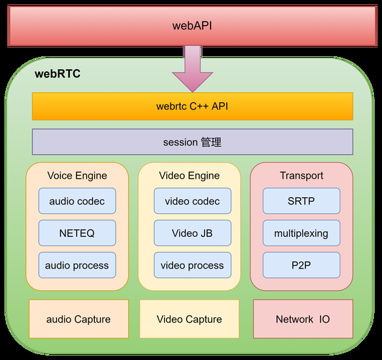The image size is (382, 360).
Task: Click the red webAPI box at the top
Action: (191, 25)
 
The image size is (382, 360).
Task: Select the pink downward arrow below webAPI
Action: (193, 71)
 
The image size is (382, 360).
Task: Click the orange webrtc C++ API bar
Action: (193, 107)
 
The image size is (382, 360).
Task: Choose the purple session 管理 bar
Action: (193, 142)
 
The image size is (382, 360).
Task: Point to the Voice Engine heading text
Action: (77, 176)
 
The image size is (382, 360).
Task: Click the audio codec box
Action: (77, 202)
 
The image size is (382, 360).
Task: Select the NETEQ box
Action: (77, 233)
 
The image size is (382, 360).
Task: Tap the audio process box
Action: (77, 266)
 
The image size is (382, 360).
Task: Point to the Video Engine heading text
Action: (189, 176)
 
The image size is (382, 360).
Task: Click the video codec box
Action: (192, 202)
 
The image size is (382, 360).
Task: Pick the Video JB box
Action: (192, 233)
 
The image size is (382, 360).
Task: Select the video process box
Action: (192, 266)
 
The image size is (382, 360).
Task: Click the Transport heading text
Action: (301, 176)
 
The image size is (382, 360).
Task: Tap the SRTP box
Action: (301, 202)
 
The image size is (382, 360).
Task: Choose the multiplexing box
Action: (301, 233)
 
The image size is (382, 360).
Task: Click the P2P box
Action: (301, 266)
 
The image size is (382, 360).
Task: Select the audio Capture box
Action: (78, 319)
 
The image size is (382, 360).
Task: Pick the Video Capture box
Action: (189, 319)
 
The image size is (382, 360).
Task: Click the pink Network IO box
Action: (303, 319)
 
